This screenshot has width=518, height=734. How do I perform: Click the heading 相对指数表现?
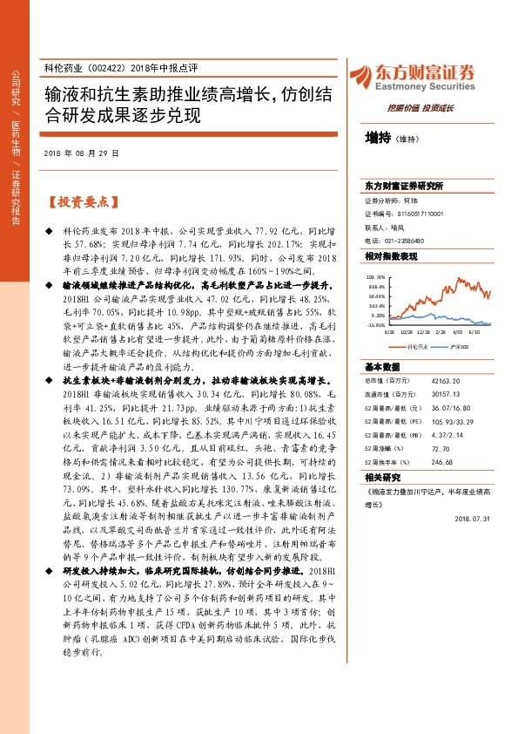(x=391, y=256)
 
